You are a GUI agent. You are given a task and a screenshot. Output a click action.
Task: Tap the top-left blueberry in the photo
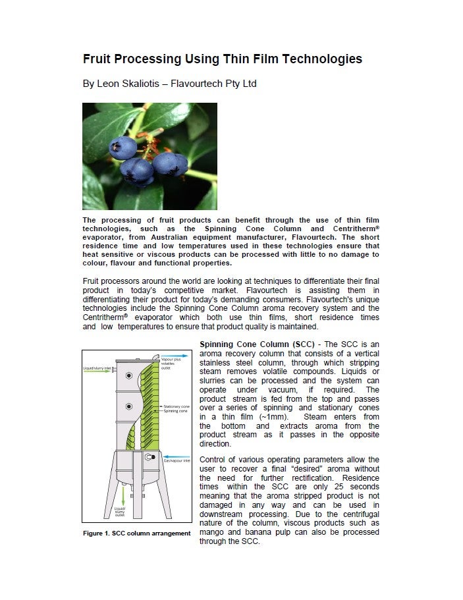(x=123, y=146)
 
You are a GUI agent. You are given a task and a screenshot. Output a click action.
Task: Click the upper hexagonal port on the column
(x=128, y=375)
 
